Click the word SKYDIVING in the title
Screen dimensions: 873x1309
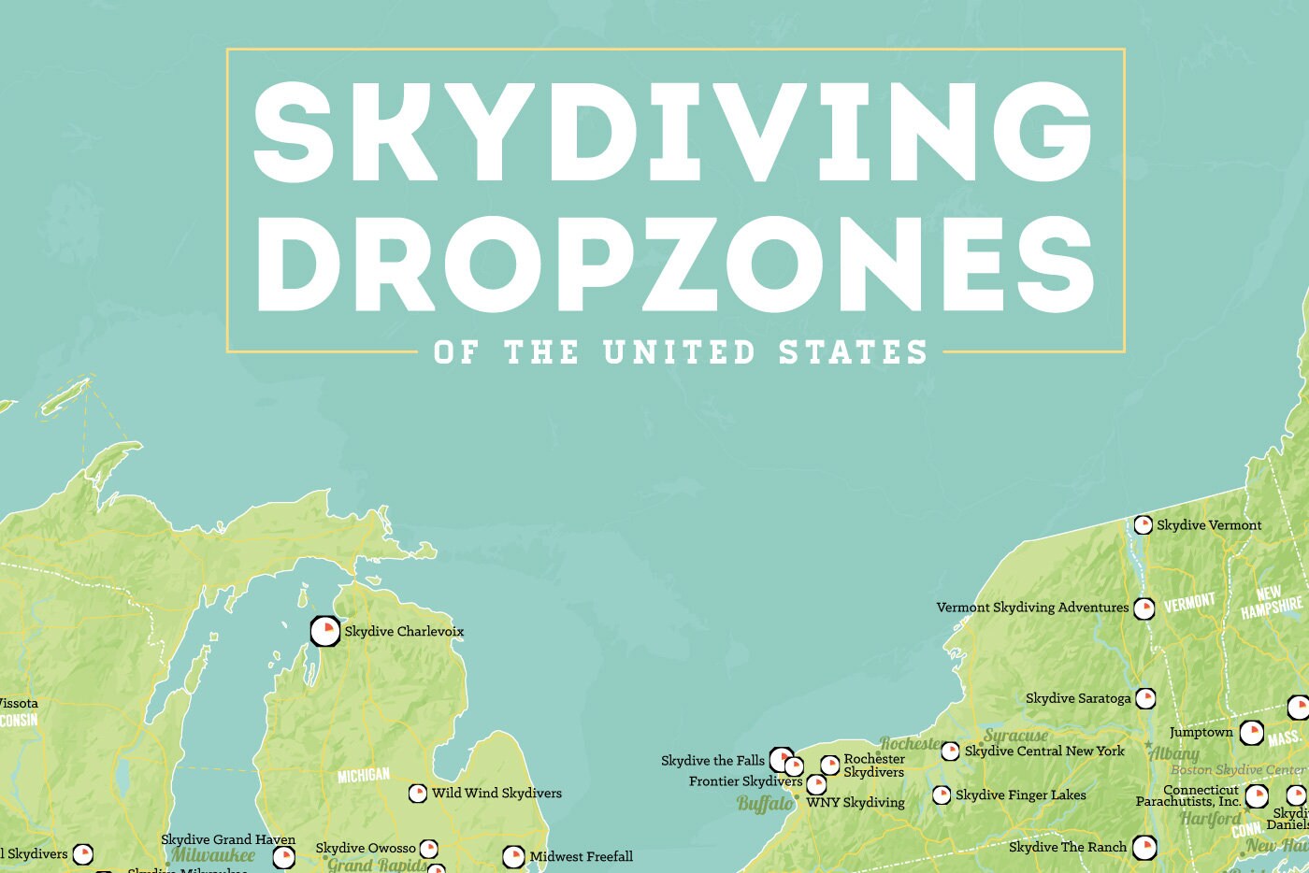click(x=673, y=131)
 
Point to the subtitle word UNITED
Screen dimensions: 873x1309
click(x=679, y=352)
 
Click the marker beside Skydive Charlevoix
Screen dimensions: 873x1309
click(x=324, y=632)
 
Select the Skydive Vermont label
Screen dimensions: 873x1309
click(x=1209, y=525)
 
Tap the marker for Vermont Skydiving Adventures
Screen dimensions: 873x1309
click(x=1144, y=608)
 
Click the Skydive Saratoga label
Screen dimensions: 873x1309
click(x=1078, y=698)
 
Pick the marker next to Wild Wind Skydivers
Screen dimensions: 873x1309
click(x=418, y=794)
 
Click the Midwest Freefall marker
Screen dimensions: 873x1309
click(x=513, y=856)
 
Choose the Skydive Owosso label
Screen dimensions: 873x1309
click(x=366, y=849)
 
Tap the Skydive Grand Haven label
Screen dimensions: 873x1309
click(x=228, y=839)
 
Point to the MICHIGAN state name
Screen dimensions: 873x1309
click(x=364, y=776)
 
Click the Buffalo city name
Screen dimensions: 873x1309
click(x=765, y=804)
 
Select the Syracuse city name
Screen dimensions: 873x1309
click(x=1015, y=736)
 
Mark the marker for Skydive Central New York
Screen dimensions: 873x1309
click(x=950, y=751)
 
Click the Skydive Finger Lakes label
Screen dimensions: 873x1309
click(x=1021, y=795)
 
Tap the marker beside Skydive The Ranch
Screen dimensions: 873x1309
click(x=1144, y=848)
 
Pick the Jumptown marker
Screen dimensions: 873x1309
click(x=1252, y=733)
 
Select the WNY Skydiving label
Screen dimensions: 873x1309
click(x=856, y=802)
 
